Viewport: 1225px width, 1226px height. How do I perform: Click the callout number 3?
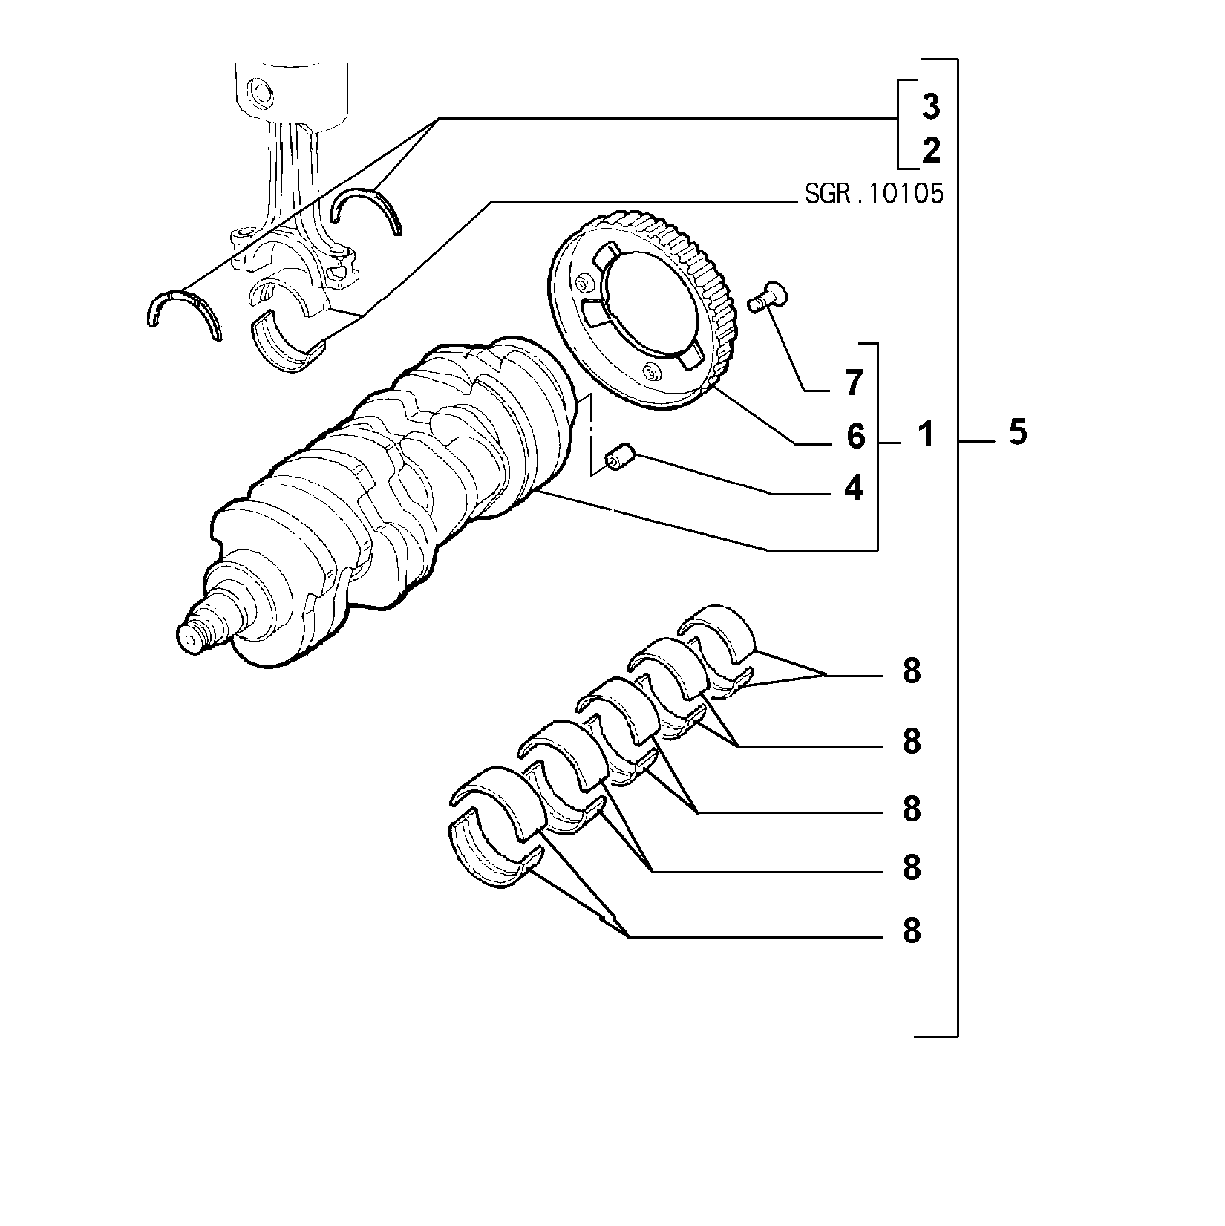pyautogui.click(x=931, y=108)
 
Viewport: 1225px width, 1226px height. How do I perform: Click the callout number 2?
pyautogui.click(x=931, y=151)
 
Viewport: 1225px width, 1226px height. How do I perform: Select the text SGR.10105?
pyautogui.click(x=875, y=195)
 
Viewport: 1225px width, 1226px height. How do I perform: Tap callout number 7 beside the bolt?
pyautogui.click(x=855, y=383)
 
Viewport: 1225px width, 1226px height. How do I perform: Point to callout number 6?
pyautogui.click(x=855, y=437)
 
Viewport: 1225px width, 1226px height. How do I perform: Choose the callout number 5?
pyautogui.click(x=1018, y=431)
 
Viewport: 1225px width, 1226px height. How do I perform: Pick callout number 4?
pyautogui.click(x=855, y=488)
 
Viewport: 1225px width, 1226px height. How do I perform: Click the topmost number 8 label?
pyautogui.click(x=912, y=671)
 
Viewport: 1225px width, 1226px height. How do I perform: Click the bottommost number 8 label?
pyautogui.click(x=912, y=930)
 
